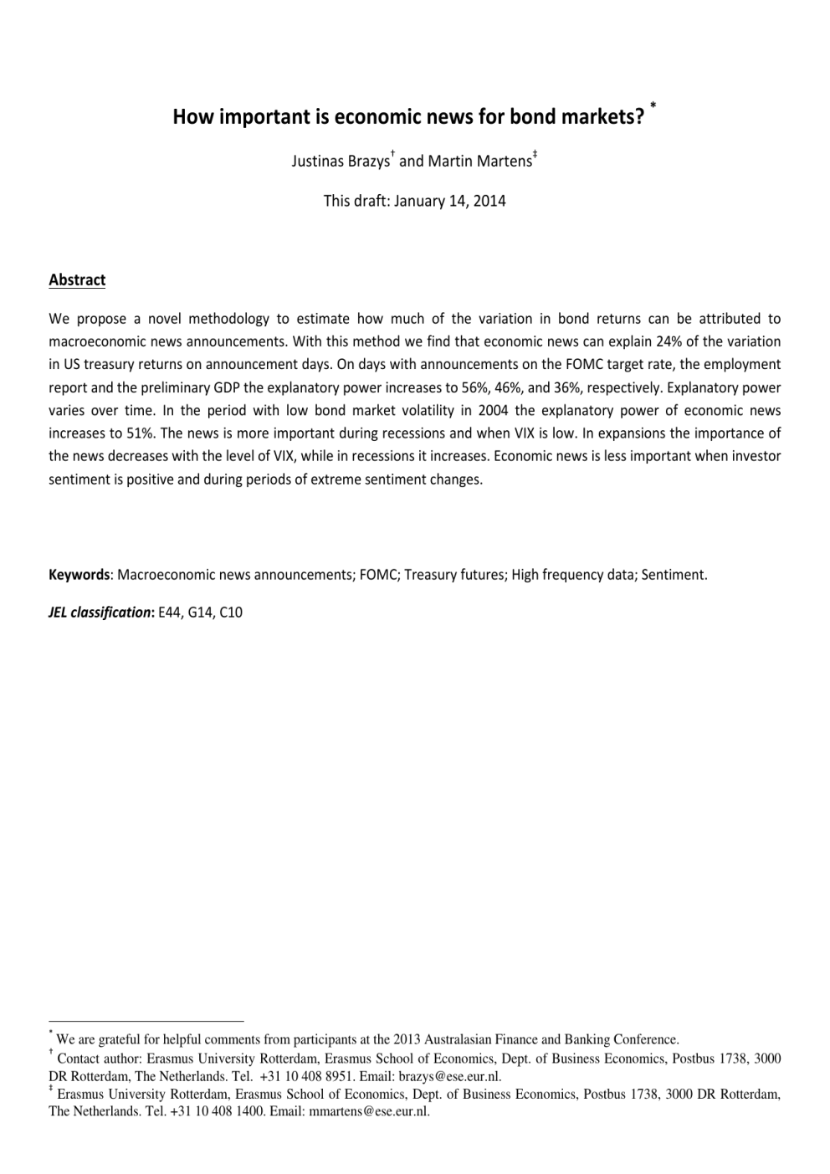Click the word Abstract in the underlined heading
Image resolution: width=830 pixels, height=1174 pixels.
77,280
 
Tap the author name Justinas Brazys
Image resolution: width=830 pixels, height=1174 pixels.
340,161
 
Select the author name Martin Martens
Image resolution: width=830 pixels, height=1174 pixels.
479,161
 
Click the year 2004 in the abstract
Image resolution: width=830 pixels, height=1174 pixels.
493,410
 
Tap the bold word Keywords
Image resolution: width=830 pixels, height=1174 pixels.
79,575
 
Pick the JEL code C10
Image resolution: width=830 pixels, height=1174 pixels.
231,613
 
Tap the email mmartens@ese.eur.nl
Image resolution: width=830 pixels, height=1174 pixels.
369,1112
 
